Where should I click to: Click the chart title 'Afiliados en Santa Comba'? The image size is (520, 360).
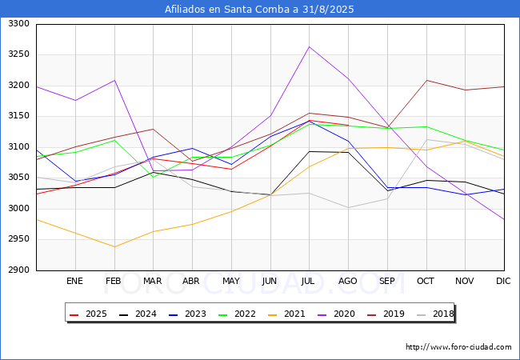coord(259,10)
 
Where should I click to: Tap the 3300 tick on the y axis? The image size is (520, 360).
coord(18,24)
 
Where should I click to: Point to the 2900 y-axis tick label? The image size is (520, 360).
coord(18,270)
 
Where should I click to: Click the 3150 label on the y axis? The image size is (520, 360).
coord(18,116)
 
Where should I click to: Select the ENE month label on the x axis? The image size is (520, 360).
coord(74,282)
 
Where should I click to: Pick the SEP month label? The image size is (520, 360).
coord(387,282)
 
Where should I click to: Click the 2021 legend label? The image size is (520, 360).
coord(286,314)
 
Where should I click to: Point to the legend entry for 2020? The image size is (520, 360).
coord(334,314)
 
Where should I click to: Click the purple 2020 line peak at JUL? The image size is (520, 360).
coord(309,46)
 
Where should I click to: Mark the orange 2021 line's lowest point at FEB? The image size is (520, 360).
coord(114,246)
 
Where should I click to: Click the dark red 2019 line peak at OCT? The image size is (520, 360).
coord(426,80)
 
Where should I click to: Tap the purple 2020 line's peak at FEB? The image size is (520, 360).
coord(114,80)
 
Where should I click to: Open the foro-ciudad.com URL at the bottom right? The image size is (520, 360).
coord(458,347)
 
